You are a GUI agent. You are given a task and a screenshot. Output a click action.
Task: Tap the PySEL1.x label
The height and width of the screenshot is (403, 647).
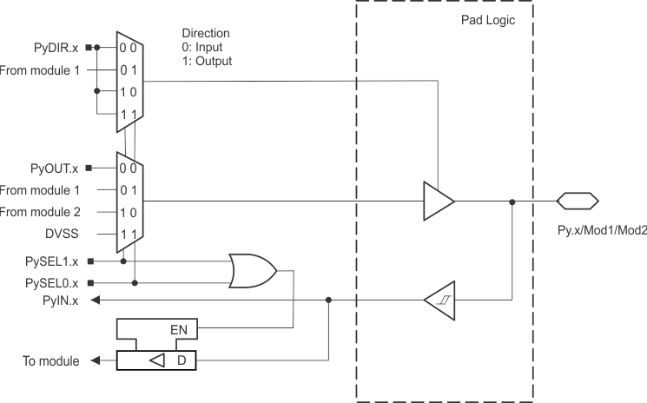[51, 261]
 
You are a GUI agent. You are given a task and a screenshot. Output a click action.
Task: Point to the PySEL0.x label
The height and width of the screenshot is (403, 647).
[51, 283]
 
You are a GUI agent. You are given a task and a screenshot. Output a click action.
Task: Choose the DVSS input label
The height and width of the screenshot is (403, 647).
[62, 233]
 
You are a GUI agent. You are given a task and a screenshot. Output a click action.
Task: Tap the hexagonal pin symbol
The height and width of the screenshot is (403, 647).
[577, 201]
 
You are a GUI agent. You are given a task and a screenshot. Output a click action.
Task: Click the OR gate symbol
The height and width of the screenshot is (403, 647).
[252, 271]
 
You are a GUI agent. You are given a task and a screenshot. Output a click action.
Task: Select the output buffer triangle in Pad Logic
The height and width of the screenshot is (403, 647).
[438, 201]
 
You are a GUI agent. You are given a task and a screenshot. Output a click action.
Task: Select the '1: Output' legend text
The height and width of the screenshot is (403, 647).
[208, 62]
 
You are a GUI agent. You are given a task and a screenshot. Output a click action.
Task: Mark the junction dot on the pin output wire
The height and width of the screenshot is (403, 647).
[513, 201]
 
